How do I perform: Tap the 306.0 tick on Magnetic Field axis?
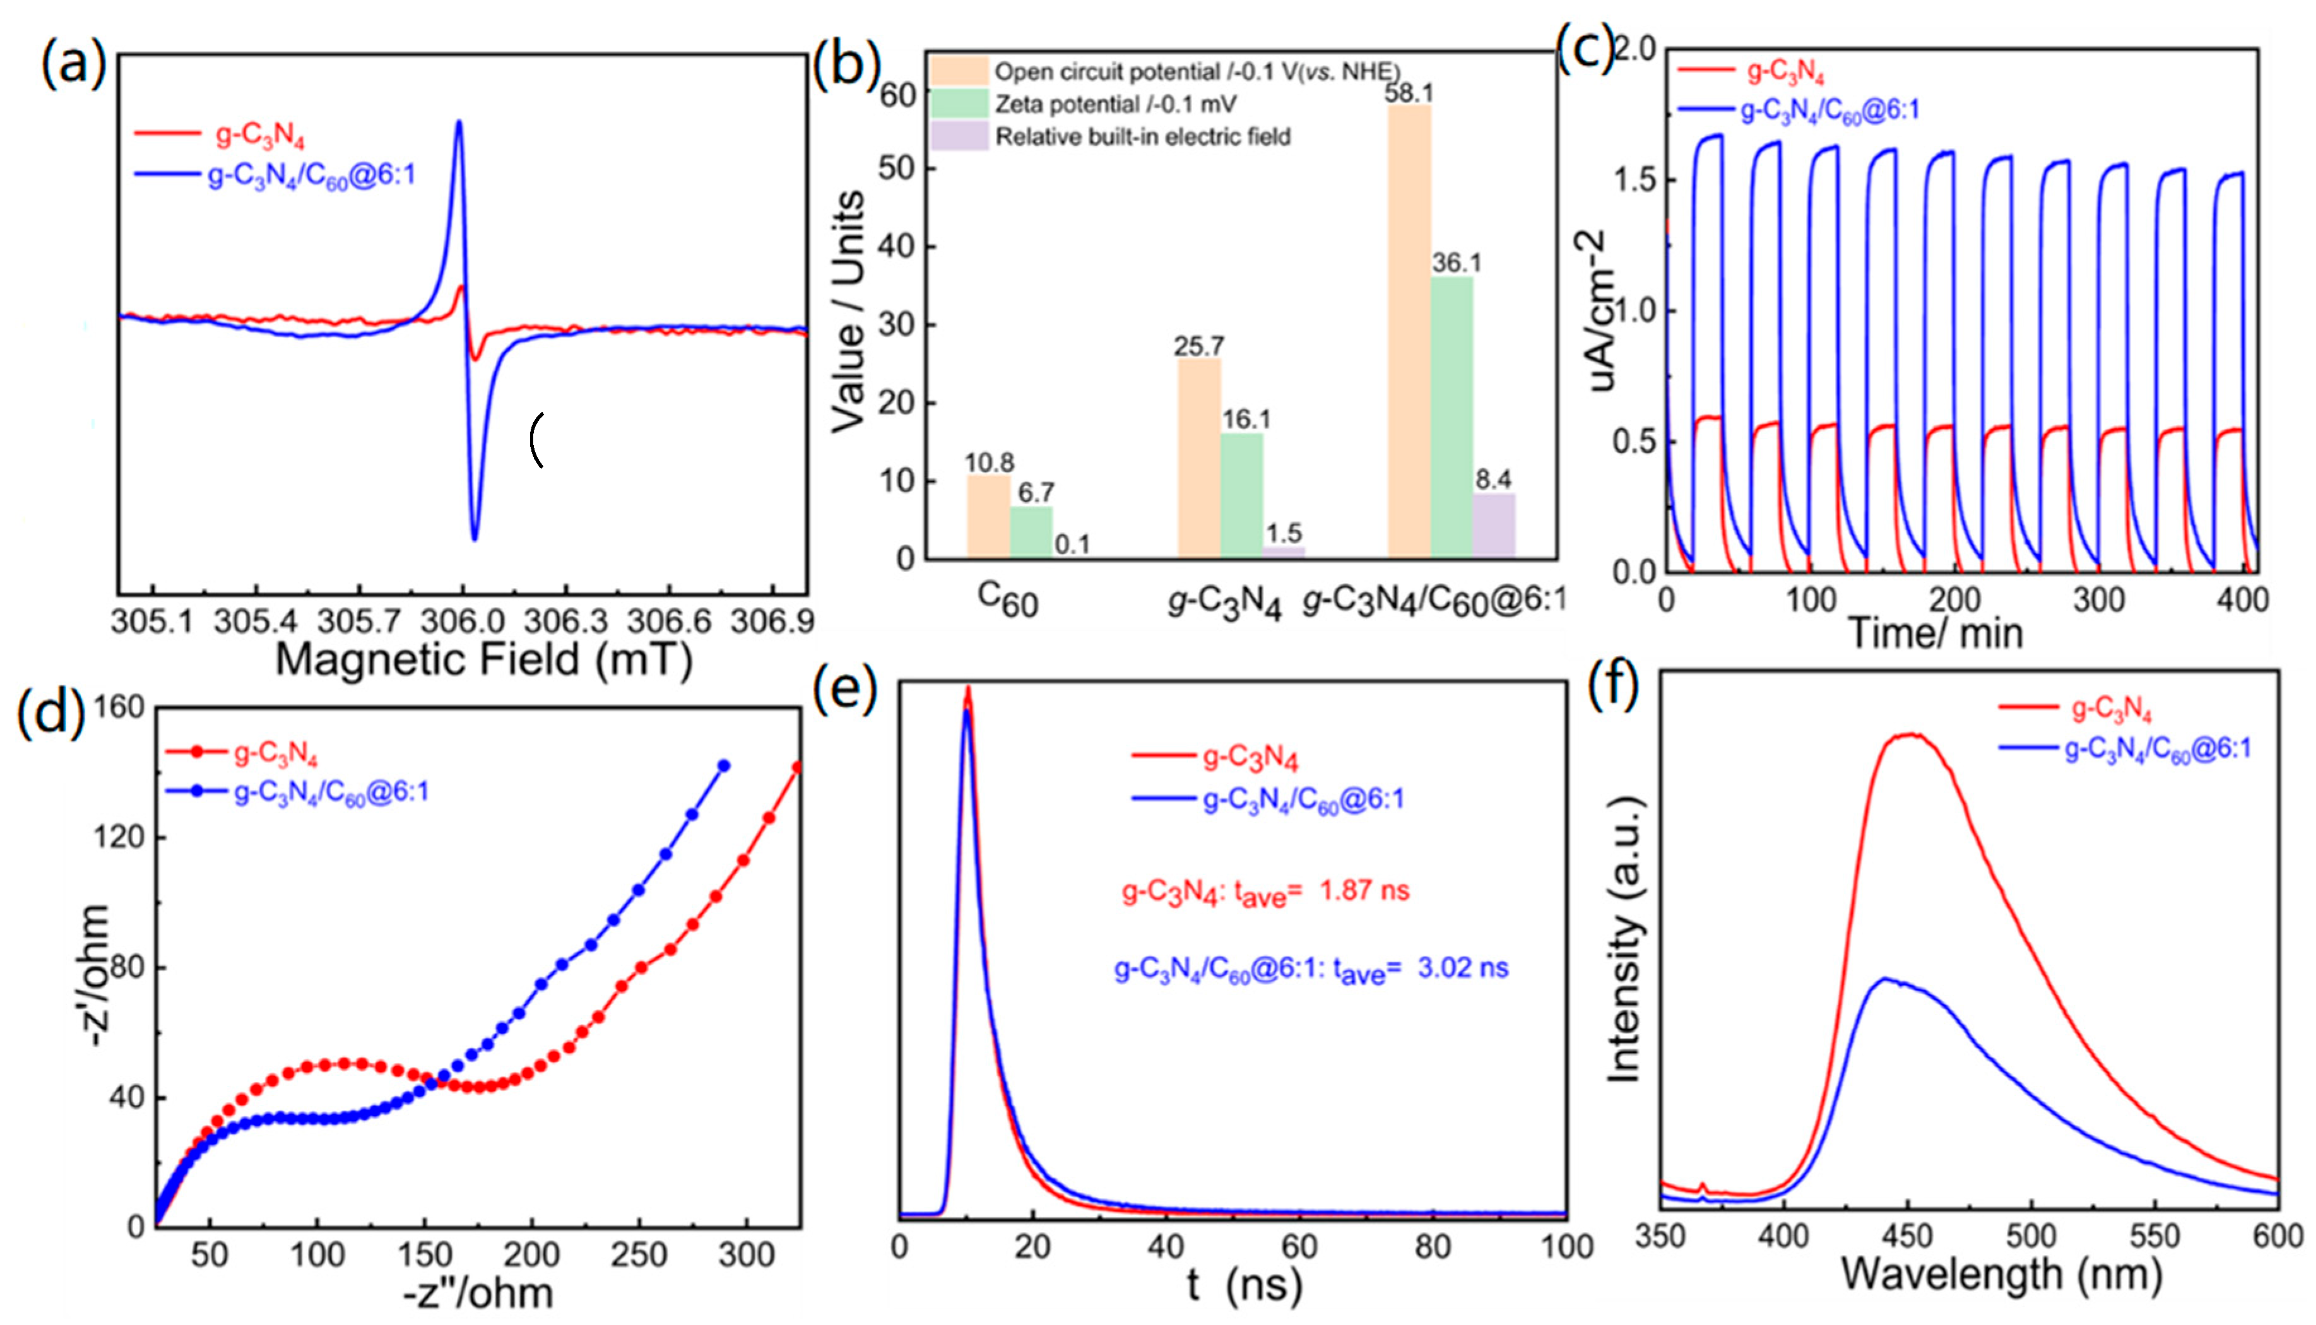point(463,621)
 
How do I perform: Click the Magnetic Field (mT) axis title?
point(484,659)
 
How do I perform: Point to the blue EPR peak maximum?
point(459,122)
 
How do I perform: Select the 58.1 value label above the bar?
point(1409,93)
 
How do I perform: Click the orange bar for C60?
point(988,517)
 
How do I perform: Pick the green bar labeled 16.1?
point(1241,495)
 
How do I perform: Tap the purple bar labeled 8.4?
point(1493,526)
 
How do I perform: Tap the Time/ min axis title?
point(1935,632)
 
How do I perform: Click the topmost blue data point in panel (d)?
point(723,766)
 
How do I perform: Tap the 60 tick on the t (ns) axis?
point(1299,1247)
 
